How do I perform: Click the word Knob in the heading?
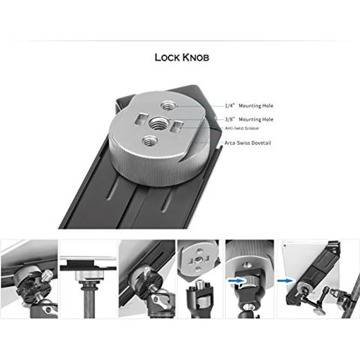tap(196, 57)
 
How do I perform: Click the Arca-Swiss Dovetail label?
tap(248, 143)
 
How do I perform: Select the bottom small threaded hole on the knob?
tap(149, 142)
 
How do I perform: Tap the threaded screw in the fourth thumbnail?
tap(201, 284)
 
